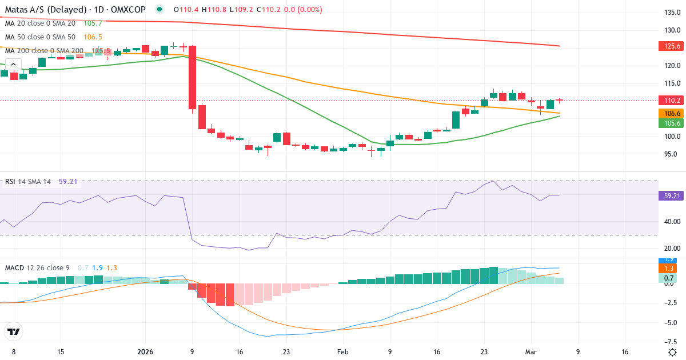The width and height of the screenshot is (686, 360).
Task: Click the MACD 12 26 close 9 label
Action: [38, 267]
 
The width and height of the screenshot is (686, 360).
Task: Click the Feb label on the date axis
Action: [342, 352]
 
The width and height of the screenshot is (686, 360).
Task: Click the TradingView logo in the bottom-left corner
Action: [13, 331]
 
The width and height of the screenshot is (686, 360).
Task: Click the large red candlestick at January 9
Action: [193, 77]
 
